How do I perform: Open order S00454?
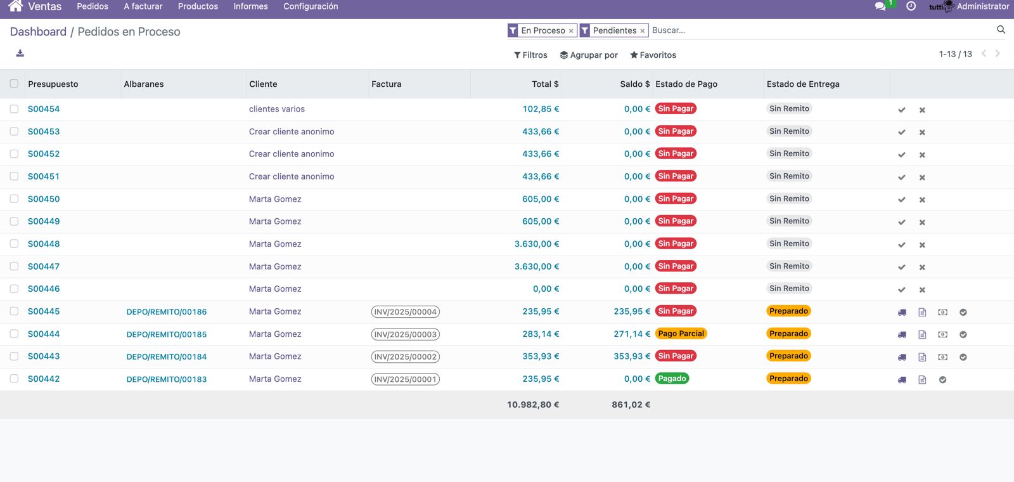coord(44,108)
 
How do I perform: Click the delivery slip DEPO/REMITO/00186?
coord(167,311)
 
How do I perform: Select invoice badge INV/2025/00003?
coord(405,334)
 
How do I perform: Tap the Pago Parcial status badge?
coord(681,334)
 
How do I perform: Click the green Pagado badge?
coord(672,378)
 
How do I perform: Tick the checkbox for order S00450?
coord(14,199)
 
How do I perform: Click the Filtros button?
coord(530,55)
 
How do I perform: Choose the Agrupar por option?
coord(589,55)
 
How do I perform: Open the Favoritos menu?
coord(653,55)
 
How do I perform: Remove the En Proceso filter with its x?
coord(571,31)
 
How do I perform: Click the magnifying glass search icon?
coord(1001,29)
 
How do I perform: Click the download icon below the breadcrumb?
coord(20,53)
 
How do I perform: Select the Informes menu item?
coord(251,6)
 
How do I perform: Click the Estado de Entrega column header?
coord(803,84)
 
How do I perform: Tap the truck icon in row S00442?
coord(902,380)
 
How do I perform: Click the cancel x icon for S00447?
coord(922,267)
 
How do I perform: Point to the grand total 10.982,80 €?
coord(533,405)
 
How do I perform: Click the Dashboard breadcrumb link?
coord(38,32)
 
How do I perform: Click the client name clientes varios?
coord(276,108)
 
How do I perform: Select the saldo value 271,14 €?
coord(631,334)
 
